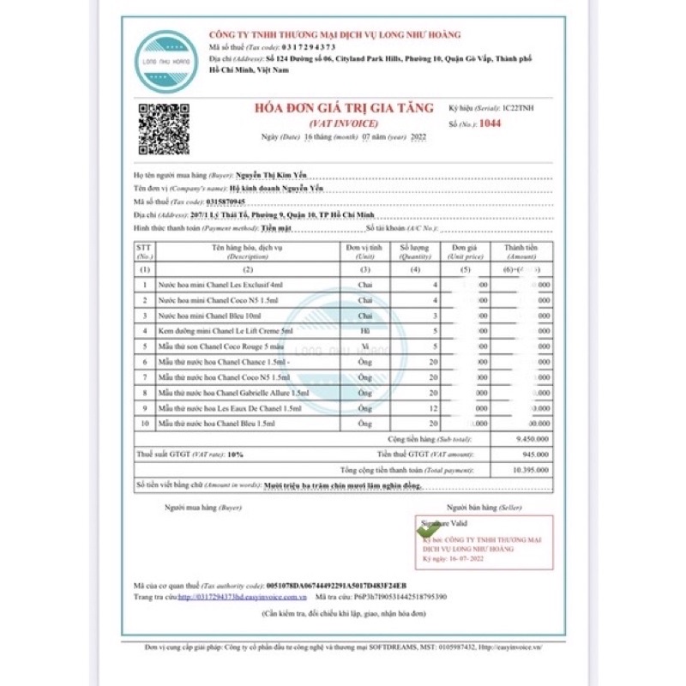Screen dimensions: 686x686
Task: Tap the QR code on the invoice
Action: (x=165, y=128)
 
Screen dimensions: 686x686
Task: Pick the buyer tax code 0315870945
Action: (x=226, y=202)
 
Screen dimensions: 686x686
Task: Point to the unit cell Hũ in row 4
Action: (x=365, y=331)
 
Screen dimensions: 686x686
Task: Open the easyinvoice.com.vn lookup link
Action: (x=243, y=597)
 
